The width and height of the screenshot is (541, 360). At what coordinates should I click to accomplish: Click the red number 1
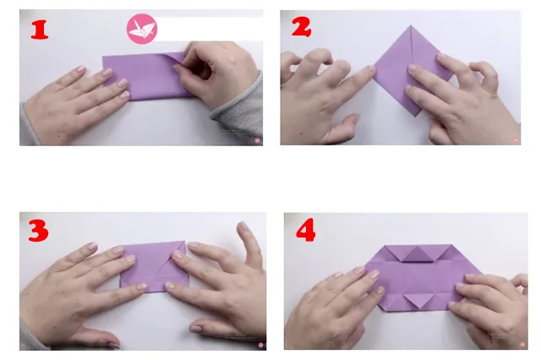click(x=40, y=30)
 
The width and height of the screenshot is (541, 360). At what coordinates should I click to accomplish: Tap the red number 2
click(x=301, y=27)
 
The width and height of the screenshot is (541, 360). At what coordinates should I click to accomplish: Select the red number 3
click(x=38, y=230)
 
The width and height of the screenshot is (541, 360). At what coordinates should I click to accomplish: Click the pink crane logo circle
click(x=142, y=29)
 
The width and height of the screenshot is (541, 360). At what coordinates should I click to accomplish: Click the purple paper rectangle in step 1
click(x=145, y=76)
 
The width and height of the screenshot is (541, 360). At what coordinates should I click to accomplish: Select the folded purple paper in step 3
click(x=154, y=266)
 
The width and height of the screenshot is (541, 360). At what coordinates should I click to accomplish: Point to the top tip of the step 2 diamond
click(x=411, y=25)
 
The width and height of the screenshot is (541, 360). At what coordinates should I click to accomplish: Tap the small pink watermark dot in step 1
click(x=257, y=140)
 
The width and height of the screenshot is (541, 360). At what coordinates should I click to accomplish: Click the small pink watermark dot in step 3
click(x=261, y=345)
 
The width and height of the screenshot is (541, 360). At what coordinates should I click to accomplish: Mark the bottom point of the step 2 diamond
click(x=417, y=116)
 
